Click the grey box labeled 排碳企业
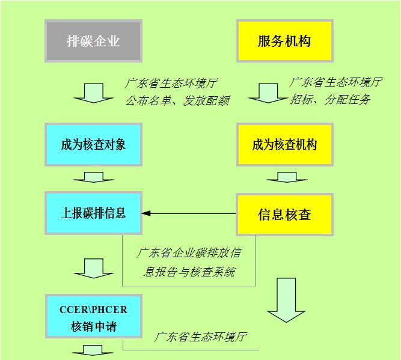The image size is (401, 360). (x=93, y=41)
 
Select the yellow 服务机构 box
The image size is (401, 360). (x=284, y=41)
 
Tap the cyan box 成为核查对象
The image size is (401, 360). (x=93, y=145)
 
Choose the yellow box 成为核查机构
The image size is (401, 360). (x=284, y=145)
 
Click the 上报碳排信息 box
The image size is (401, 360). (x=93, y=213)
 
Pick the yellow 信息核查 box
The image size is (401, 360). (x=284, y=214)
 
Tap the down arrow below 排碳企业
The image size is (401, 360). (x=93, y=93)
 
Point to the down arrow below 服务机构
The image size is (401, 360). (x=267, y=93)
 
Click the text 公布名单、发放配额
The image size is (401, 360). (x=177, y=100)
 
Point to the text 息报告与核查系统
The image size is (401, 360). (x=190, y=272)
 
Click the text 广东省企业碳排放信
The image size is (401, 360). (x=190, y=252)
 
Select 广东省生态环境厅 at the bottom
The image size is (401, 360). (x=201, y=337)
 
